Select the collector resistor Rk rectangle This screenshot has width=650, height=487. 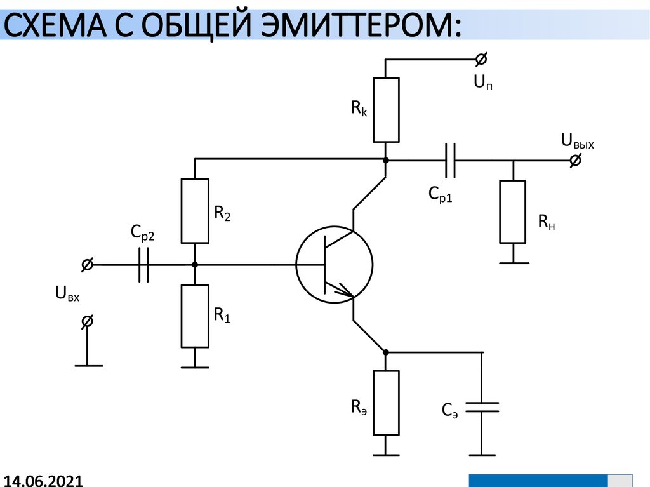[386, 109]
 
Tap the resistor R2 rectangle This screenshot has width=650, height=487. [195, 211]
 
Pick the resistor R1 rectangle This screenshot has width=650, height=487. [195, 316]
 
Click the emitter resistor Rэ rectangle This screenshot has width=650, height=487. [386, 403]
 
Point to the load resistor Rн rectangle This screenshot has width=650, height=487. [513, 211]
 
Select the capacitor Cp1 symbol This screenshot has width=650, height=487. [450, 161]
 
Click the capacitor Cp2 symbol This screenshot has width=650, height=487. [143, 264]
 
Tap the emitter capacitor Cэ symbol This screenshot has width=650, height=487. [482, 407]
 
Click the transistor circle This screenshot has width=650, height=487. [334, 264]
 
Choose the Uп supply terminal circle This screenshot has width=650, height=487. [482, 60]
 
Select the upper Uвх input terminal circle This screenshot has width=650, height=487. [88, 264]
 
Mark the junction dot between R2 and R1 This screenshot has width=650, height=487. [195, 264]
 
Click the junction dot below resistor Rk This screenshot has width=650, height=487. [386, 161]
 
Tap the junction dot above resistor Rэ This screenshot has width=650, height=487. [386, 352]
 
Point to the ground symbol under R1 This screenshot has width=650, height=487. [195, 366]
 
